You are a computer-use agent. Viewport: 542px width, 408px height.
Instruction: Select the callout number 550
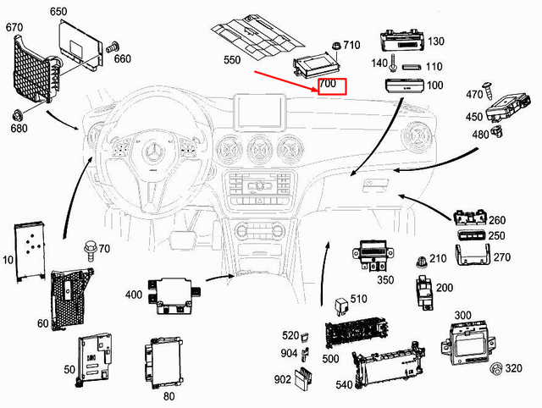pos(231,61)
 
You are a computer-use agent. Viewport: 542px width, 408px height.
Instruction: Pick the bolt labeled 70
pos(87,249)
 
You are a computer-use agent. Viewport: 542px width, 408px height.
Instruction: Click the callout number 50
pos(69,370)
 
